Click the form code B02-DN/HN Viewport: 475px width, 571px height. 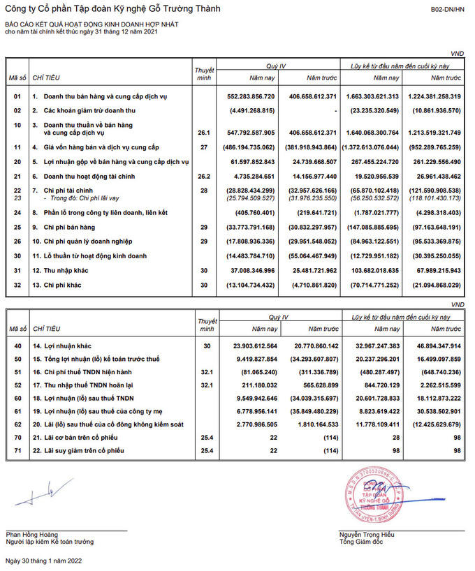point(447,10)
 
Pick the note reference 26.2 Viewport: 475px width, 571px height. point(203,176)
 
